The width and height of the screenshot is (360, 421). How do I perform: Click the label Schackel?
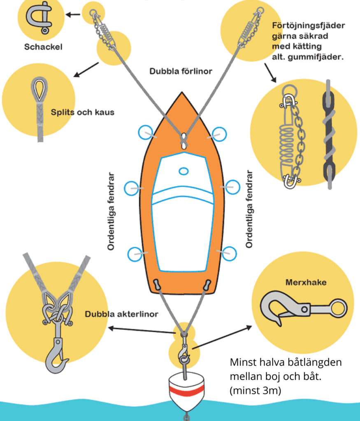[43, 46]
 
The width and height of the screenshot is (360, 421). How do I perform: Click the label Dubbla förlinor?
[181, 71]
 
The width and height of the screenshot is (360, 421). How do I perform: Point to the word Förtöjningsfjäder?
[309, 25]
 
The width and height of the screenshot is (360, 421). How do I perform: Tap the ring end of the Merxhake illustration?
[338, 308]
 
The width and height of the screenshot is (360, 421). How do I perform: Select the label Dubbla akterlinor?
[121, 315]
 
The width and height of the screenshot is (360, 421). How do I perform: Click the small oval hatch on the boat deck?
[183, 171]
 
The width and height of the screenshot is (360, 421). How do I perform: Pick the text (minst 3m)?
[255, 390]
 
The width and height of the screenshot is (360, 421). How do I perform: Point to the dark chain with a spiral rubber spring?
[329, 136]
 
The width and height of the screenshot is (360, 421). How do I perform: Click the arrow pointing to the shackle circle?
[73, 15]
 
